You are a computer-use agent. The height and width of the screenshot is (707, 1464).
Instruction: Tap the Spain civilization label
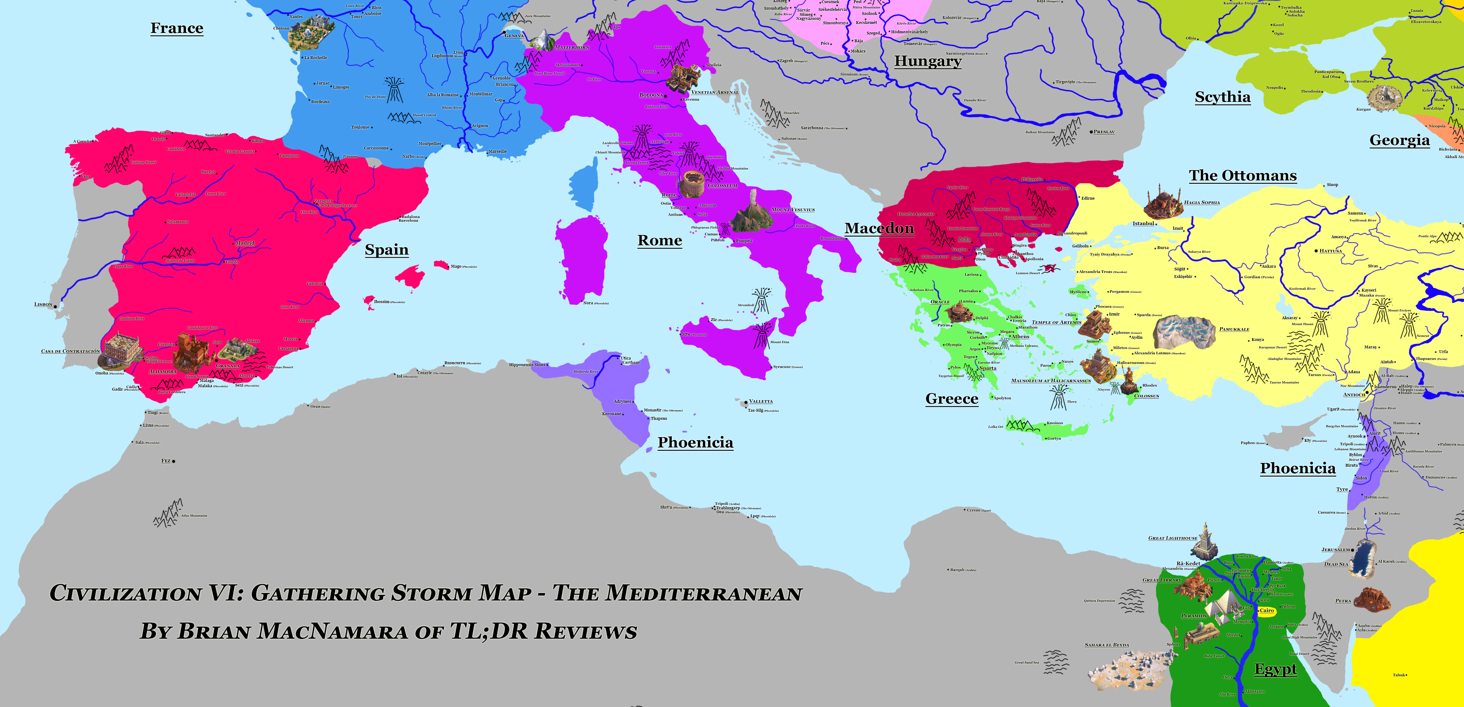coord(386,250)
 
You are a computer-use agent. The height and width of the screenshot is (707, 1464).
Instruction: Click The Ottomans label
coord(1243,176)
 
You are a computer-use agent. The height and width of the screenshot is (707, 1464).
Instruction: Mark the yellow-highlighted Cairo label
coord(1267,610)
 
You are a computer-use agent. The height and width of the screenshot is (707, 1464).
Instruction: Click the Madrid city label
coord(245,243)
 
